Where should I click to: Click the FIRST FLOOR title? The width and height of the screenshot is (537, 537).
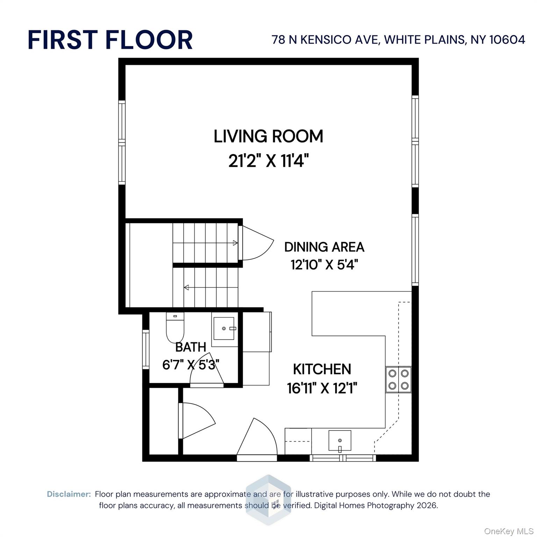pyautogui.click(x=110, y=40)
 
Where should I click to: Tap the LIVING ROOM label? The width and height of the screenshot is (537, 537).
pyautogui.click(x=268, y=136)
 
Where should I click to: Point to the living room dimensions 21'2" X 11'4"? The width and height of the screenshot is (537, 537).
pyautogui.click(x=268, y=161)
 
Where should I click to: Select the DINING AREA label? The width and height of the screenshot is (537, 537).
pyautogui.click(x=324, y=247)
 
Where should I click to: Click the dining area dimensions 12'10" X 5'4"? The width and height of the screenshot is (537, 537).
pyautogui.click(x=324, y=265)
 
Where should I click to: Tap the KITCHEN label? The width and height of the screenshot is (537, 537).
pyautogui.click(x=322, y=369)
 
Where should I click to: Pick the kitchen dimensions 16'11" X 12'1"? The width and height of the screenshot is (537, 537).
pyautogui.click(x=322, y=388)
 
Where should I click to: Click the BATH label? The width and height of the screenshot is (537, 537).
pyautogui.click(x=191, y=347)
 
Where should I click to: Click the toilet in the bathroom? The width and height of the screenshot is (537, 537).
pyautogui.click(x=175, y=328)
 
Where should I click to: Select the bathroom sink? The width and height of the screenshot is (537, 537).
pyautogui.click(x=224, y=329)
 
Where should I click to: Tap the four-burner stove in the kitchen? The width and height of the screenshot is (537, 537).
pyautogui.click(x=398, y=379)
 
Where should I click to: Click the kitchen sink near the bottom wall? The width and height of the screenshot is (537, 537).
pyautogui.click(x=339, y=441)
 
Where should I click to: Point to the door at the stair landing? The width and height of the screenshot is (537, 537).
pyautogui.click(x=255, y=243)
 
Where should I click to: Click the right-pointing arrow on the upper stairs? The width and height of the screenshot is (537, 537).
pyautogui.click(x=235, y=243)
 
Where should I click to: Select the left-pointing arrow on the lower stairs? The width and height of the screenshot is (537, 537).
pyautogui.click(x=186, y=287)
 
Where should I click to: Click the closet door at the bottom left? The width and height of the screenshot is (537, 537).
pyautogui.click(x=196, y=421)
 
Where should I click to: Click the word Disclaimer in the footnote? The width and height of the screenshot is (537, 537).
pyautogui.click(x=69, y=494)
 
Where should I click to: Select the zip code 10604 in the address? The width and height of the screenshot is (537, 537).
pyautogui.click(x=507, y=40)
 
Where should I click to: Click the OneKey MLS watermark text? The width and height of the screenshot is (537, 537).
pyautogui.click(x=508, y=531)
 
